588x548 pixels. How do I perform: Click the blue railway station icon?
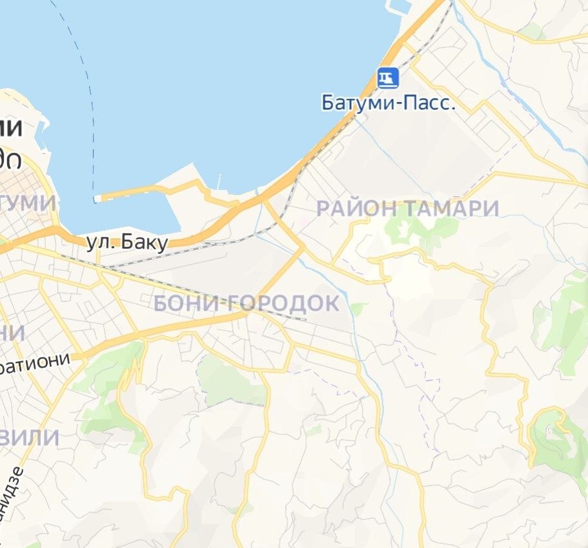pos(388,78)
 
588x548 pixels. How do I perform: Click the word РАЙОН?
pos(357,209)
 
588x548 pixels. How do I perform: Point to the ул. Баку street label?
pos(127,243)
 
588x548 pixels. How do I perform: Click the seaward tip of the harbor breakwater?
pos(97,198)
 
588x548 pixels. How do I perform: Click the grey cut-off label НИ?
pos(12,333)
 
